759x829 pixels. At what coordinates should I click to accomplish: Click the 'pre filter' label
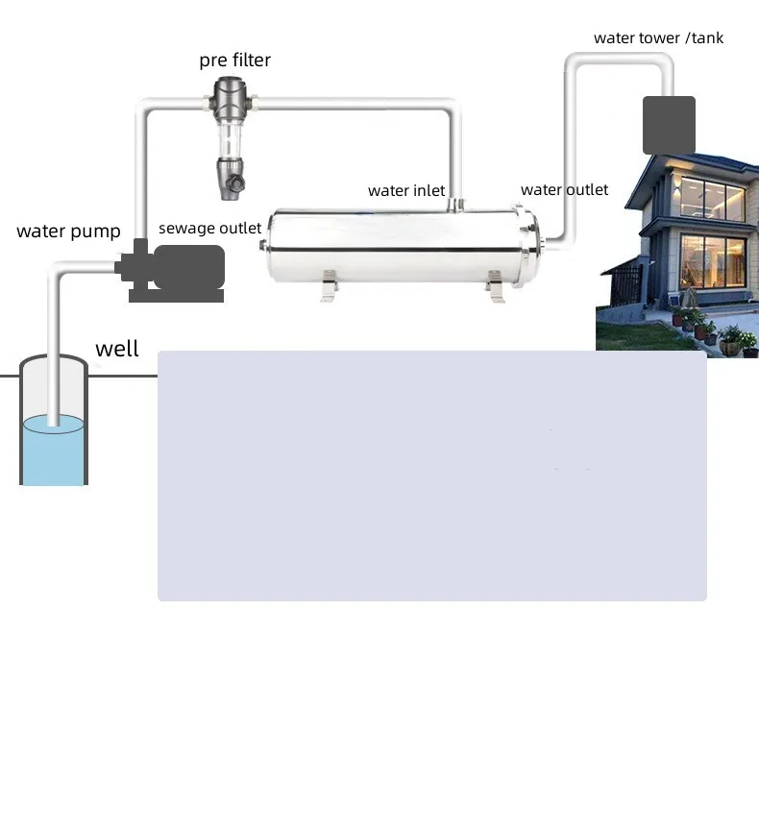[235, 61]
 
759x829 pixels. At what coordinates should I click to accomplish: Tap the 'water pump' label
[68, 232]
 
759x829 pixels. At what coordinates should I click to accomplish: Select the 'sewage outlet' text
[209, 228]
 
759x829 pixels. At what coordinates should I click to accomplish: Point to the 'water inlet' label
[406, 191]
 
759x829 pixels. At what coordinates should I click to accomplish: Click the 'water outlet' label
[564, 190]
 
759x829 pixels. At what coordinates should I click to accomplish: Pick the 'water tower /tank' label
[658, 38]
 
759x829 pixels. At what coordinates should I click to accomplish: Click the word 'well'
[117, 349]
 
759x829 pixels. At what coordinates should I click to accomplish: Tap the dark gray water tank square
[669, 125]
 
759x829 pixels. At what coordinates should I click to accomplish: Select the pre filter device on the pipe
[232, 134]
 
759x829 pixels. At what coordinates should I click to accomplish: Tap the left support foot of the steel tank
[330, 285]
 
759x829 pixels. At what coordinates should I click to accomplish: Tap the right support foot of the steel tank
[494, 285]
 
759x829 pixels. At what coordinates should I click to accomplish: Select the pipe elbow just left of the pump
[60, 273]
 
